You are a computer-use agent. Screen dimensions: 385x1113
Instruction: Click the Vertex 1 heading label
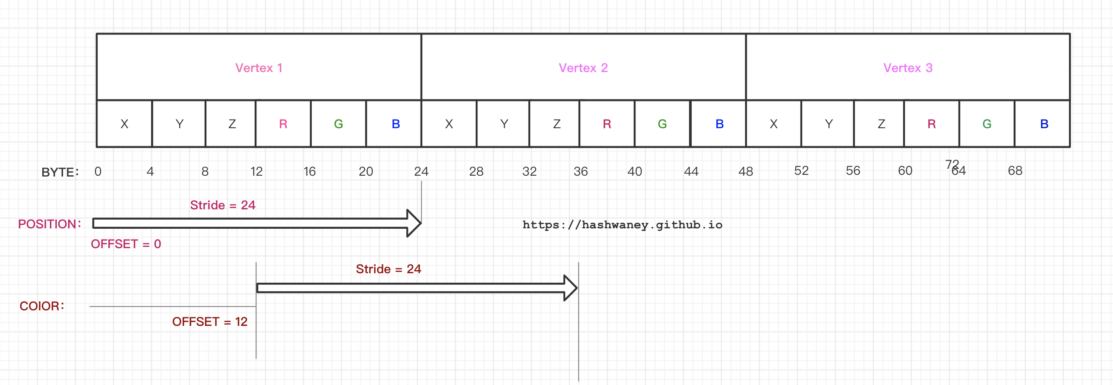point(258,68)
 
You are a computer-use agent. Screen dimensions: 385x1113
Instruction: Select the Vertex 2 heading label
point(583,68)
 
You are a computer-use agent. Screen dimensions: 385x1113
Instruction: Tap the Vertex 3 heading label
point(907,68)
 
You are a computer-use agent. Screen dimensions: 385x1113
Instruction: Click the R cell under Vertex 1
point(283,124)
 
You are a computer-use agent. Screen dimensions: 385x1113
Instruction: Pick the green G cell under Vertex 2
point(662,124)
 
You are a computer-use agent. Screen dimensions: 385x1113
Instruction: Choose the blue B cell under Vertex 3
point(1044,124)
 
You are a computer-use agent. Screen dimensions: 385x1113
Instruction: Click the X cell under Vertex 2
point(449,124)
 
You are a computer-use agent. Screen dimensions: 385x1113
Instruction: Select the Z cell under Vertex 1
point(232,124)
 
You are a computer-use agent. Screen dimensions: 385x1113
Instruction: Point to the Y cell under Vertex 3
point(828,124)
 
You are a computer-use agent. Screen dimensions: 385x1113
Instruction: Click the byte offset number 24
point(421,171)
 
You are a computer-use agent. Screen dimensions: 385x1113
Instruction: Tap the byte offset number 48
point(745,171)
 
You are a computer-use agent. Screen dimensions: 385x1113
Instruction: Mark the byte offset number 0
point(98,171)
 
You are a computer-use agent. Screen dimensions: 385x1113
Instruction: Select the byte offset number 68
point(1015,170)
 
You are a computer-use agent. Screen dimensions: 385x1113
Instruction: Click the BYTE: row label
point(60,172)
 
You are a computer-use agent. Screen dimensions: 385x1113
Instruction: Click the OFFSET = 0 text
point(126,244)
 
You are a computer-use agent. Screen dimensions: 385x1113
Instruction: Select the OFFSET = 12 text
point(209,322)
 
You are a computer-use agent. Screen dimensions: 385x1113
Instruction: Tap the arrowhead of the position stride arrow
point(414,224)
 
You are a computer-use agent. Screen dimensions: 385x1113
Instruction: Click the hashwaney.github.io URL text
point(622,225)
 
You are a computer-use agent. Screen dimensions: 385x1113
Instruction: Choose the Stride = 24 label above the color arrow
point(388,269)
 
